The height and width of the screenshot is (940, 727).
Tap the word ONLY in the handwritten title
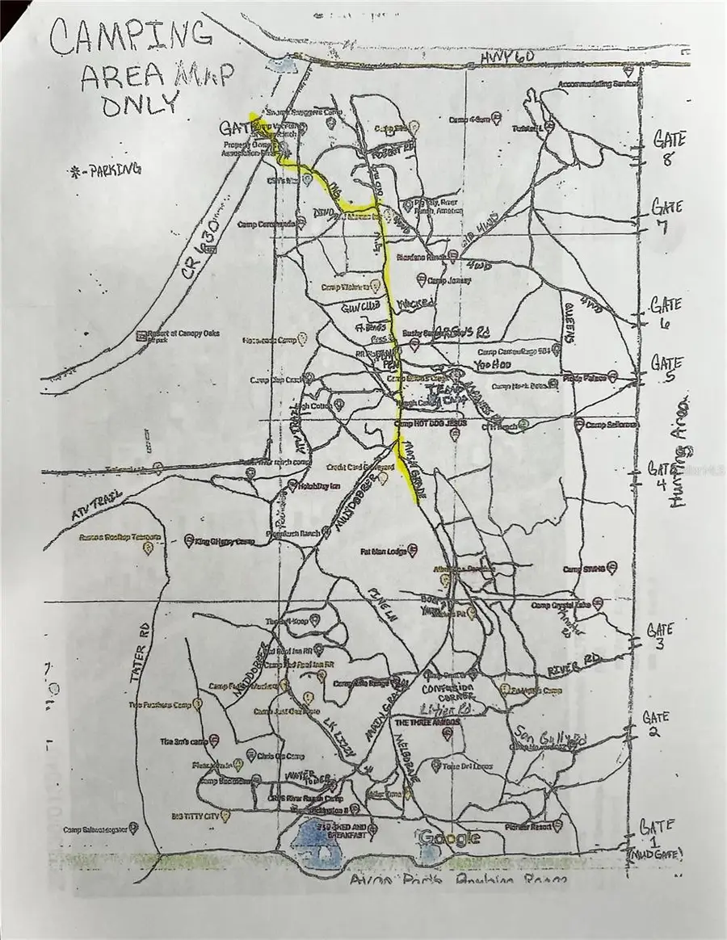coord(138,103)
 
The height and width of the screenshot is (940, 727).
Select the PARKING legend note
coord(107,170)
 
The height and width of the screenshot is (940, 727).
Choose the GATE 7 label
coord(666,214)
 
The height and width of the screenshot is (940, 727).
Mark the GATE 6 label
coord(667,314)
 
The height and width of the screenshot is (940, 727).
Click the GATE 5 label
coord(667,371)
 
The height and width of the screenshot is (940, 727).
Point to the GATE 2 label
coord(655,724)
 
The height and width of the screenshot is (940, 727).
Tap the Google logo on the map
coord(448,838)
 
